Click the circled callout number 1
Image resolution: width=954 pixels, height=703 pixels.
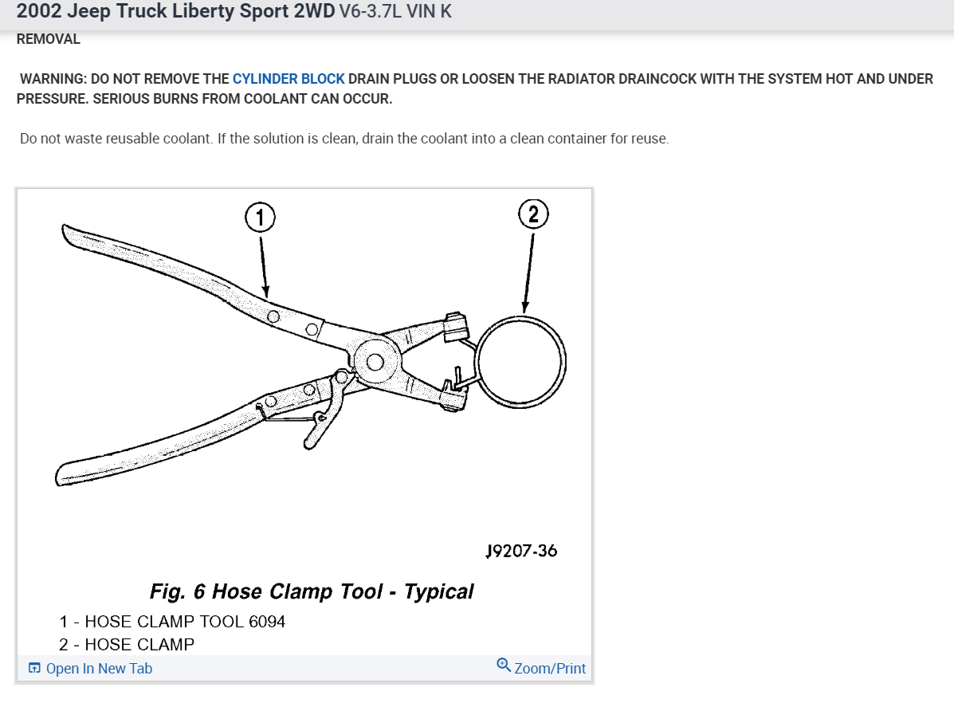[x=260, y=216]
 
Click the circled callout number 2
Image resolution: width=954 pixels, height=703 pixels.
[x=534, y=214]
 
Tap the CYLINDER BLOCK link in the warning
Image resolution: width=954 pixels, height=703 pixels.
[x=289, y=79]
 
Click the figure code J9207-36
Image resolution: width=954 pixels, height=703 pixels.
[x=521, y=551]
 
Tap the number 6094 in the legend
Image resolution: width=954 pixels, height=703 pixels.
[x=267, y=621]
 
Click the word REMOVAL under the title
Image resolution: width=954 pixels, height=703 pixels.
[x=49, y=39]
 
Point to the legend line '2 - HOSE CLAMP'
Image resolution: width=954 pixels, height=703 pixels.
[x=127, y=644]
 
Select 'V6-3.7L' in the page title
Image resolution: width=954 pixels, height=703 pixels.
[x=371, y=13]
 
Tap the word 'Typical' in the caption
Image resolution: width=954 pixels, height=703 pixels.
[x=438, y=591]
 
